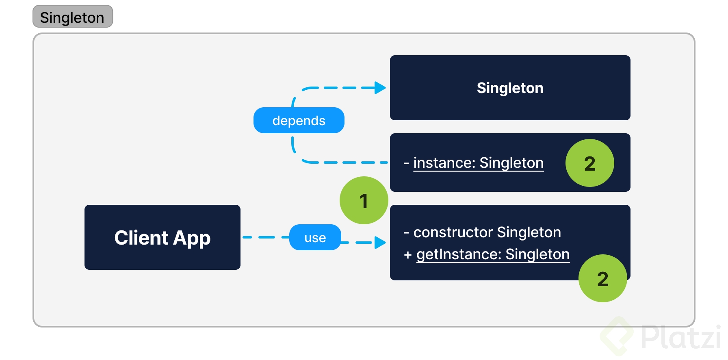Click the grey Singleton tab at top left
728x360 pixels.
[x=72, y=17]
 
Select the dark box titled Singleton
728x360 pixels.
[x=509, y=88]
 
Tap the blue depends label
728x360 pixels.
[x=299, y=121]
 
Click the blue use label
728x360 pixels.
[x=315, y=238]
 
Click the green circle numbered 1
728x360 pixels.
[x=364, y=200]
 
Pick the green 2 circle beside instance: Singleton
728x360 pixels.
[x=589, y=163]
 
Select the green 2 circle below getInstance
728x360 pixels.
[x=602, y=279]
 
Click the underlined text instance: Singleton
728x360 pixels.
[x=478, y=163]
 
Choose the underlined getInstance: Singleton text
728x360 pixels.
[x=492, y=254]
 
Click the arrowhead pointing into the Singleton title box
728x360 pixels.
[x=380, y=88]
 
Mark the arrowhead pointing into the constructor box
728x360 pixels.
[x=380, y=243]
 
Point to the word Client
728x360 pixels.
[x=141, y=238]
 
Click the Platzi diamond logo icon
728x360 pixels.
[x=617, y=336]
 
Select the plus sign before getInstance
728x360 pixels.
[x=408, y=255]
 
